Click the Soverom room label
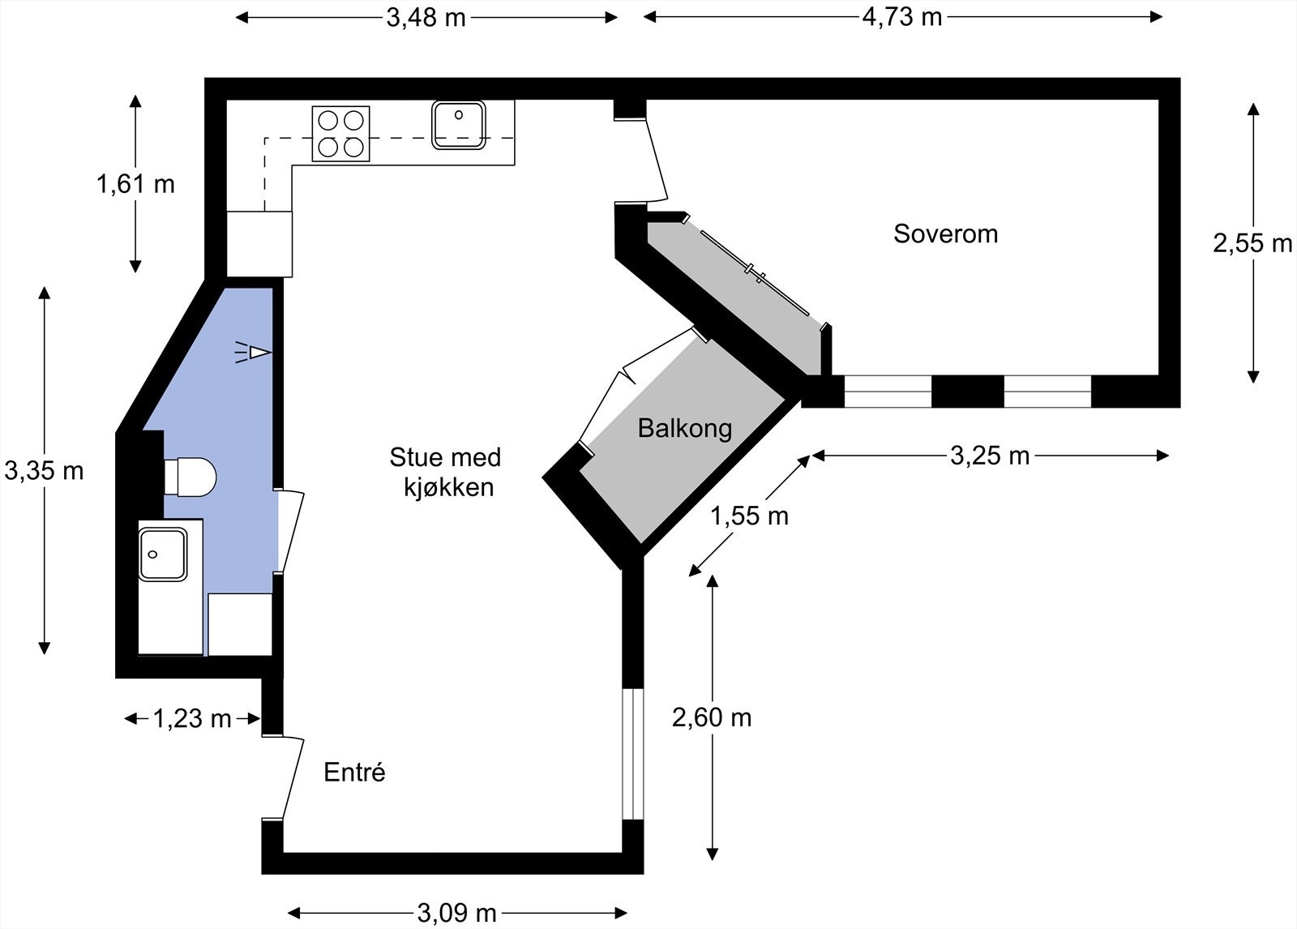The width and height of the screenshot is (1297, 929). coord(945,234)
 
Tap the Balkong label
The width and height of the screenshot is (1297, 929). coord(685,429)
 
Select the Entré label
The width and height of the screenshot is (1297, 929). coord(354,772)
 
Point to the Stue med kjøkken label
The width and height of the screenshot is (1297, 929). coord(445,472)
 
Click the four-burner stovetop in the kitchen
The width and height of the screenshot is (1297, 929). coord(340,134)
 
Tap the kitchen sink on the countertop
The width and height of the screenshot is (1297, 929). coord(459,125)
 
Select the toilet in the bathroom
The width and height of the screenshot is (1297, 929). coord(190,477)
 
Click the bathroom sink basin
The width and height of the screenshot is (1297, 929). coord(163,554)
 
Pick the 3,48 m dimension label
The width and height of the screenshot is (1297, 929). coord(426,18)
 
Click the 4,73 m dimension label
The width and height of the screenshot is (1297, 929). coord(902,17)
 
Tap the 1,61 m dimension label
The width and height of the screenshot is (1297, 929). coord(135,184)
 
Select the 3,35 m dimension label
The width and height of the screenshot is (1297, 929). coord(44,471)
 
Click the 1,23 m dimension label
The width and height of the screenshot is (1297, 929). coord(192,719)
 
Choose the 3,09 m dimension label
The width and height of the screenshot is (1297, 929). coord(457,914)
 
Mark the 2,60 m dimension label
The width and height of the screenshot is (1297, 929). coord(713,718)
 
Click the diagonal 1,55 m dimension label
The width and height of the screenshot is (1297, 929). coord(749,516)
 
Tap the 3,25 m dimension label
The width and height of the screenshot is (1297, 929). coord(990,456)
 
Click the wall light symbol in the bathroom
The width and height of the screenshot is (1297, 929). coord(253,352)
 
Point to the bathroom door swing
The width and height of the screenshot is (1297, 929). coord(291,532)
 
